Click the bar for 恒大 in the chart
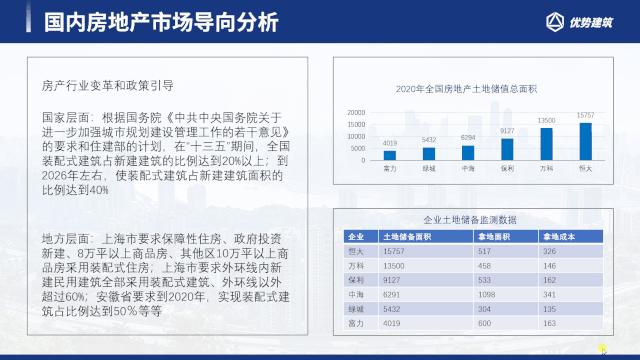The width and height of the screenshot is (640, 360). tap(585, 141)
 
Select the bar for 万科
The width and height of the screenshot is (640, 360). tap(546, 143)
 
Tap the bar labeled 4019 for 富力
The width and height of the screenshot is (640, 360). tap(390, 155)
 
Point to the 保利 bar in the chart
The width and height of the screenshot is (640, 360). tap(507, 148)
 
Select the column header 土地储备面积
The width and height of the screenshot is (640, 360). tap(408, 237)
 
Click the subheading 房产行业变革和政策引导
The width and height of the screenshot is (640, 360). tap(108, 86)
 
